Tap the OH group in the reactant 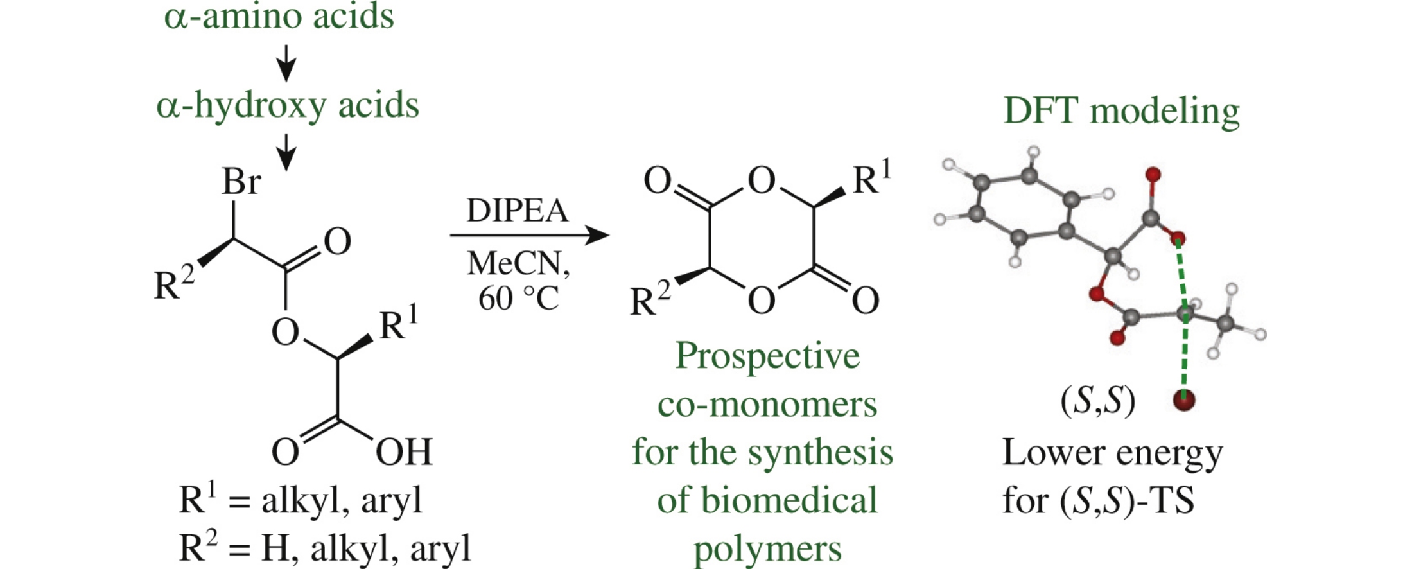click(403, 452)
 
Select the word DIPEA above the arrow click(517, 211)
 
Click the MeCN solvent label click(517, 263)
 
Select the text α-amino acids click(279, 17)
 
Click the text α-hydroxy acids click(287, 105)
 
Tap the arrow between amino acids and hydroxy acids click(286, 63)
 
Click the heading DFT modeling click(1121, 111)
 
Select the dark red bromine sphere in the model click(1183, 400)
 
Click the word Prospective click(767, 356)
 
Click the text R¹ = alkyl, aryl click(300, 500)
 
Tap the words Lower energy click(1112, 453)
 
